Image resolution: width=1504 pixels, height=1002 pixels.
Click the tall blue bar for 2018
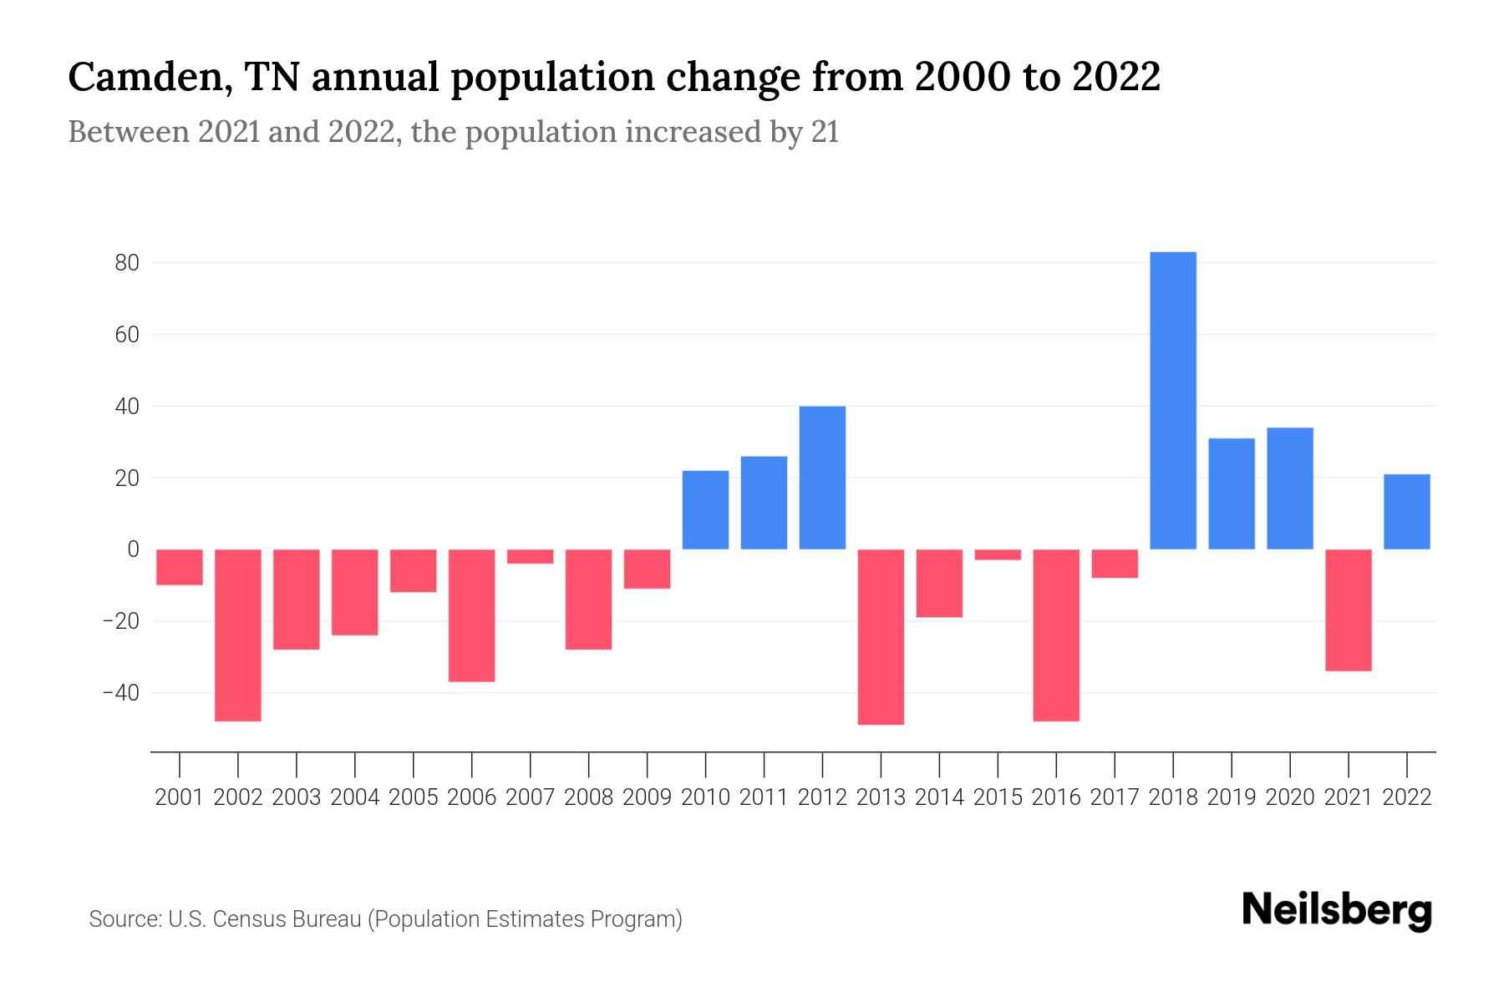(1173, 401)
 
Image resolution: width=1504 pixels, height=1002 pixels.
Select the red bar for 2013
(881, 636)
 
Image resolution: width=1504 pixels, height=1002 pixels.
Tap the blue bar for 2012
(822, 478)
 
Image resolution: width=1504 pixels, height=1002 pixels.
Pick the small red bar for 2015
(998, 554)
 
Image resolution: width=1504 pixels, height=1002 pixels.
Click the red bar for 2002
(238, 635)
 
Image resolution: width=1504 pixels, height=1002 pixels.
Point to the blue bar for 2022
(1406, 511)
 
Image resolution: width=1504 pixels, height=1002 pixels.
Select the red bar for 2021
(1348, 610)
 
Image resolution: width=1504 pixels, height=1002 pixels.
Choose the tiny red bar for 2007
(530, 556)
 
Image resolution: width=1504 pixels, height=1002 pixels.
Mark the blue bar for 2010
(705, 509)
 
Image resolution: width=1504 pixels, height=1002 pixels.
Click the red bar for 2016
(1056, 635)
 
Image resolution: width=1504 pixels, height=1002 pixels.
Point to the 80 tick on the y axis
(127, 263)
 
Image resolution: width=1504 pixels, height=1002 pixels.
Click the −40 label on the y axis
(120, 693)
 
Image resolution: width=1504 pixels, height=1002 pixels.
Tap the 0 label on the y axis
(133, 549)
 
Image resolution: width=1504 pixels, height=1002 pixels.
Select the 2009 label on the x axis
(647, 797)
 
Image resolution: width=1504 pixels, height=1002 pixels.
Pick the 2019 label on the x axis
(1232, 797)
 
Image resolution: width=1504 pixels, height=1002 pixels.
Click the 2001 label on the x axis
(180, 797)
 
